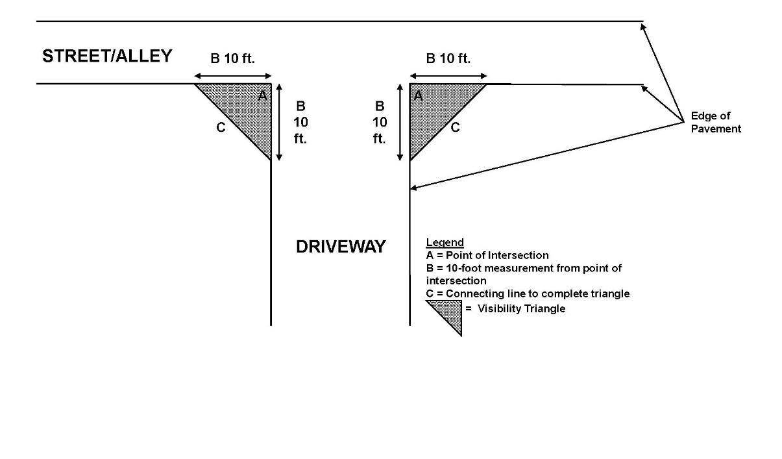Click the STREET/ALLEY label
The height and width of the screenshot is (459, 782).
point(107,56)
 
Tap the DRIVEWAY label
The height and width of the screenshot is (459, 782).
point(341,247)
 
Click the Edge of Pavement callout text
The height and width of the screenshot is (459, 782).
point(716,122)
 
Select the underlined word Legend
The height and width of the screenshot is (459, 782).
point(445,242)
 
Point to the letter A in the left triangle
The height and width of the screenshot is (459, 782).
point(263,95)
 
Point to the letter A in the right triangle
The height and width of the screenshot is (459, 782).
point(418,95)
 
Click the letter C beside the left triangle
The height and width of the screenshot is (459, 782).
point(221,127)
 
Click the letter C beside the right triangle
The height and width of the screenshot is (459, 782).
point(455,127)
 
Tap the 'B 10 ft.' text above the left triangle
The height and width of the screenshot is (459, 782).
point(232,58)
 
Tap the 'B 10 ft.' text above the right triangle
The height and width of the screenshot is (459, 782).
point(448,58)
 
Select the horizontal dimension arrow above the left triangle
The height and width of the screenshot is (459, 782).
point(233,76)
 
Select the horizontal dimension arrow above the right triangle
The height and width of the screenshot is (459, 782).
point(448,76)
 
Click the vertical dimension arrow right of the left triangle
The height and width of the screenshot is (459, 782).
point(279,122)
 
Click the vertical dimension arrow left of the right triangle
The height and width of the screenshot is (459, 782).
point(400,122)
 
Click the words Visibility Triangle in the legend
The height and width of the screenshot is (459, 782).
point(522,309)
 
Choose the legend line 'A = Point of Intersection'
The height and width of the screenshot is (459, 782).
point(487,255)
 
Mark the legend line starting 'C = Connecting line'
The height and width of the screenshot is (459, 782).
point(528,294)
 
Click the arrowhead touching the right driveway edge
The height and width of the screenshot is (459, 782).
point(413,188)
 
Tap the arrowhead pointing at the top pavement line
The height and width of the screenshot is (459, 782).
point(642,27)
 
